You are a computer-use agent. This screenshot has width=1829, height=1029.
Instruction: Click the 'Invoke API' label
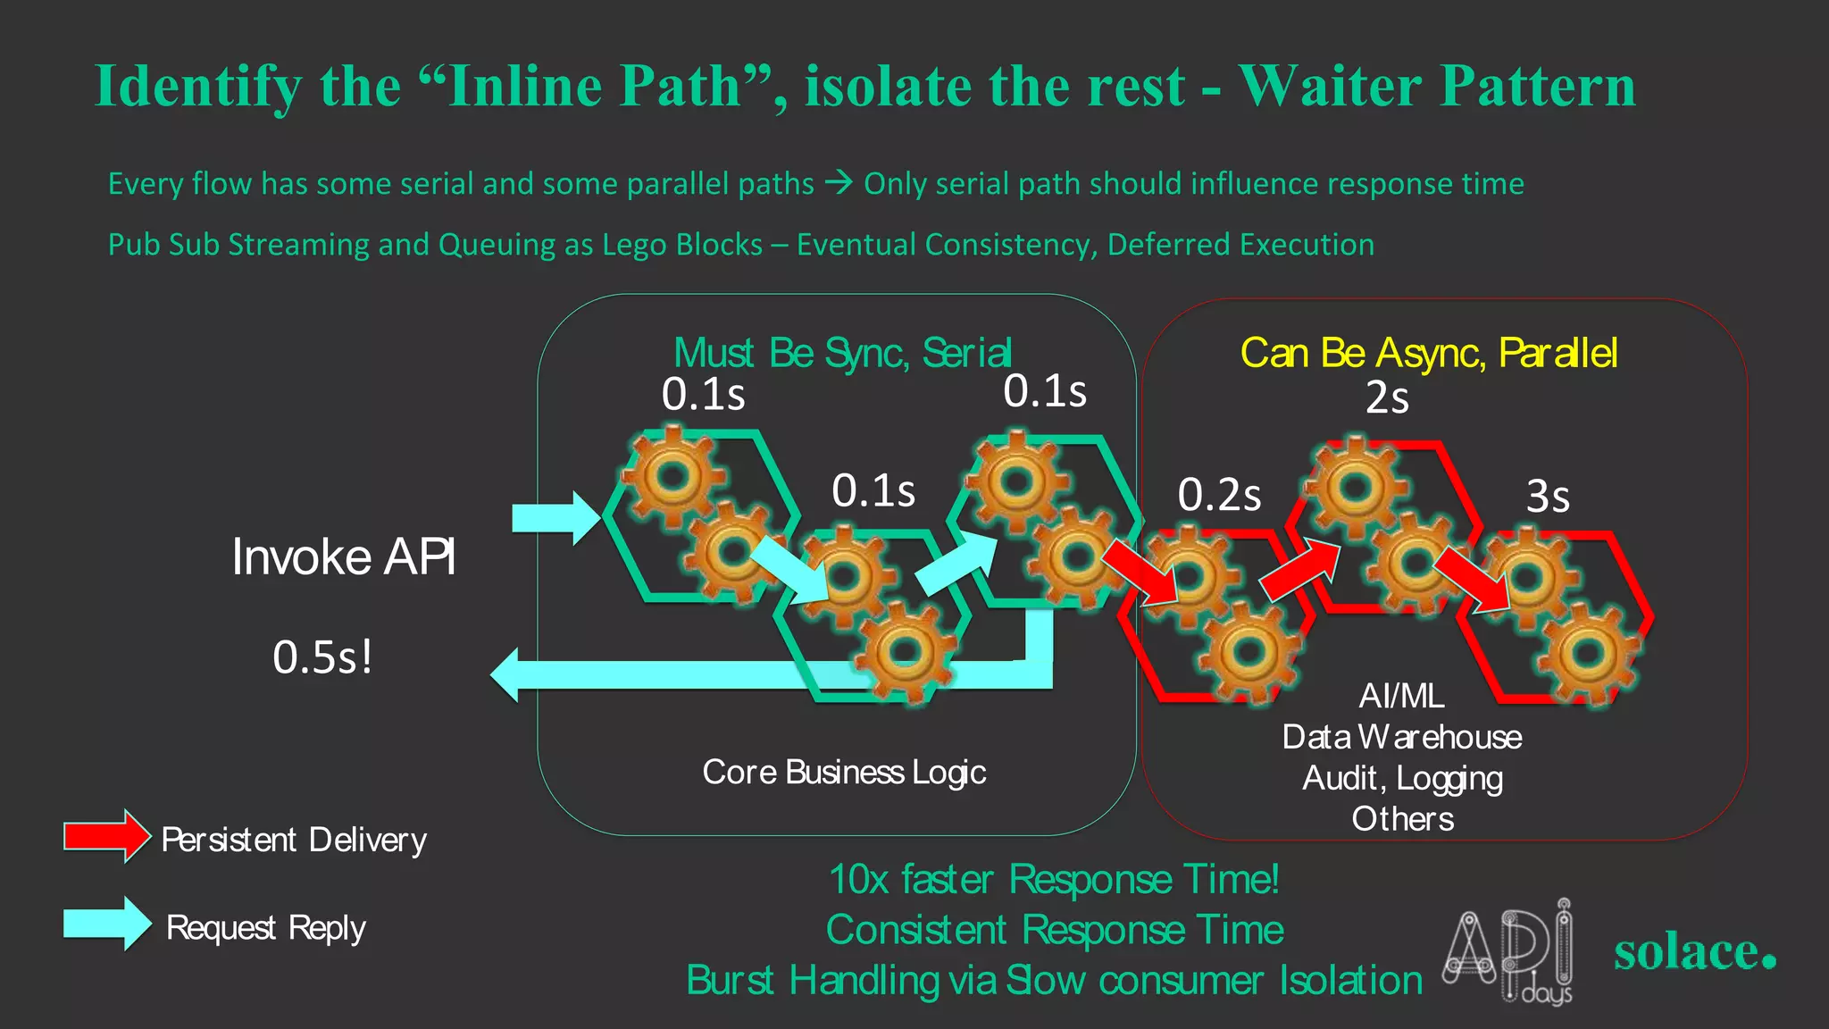tap(344, 557)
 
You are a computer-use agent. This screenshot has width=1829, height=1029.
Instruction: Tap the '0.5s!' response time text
tap(322, 657)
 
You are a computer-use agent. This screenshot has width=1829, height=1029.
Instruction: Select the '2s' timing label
tap(1386, 398)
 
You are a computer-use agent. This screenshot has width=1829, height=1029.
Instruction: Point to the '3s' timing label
tap(1547, 497)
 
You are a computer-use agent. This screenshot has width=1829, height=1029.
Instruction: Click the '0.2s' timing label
tap(1219, 495)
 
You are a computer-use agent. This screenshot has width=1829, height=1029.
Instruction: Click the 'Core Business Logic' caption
tap(844, 772)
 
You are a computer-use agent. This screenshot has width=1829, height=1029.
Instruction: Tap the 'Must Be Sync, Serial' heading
tap(842, 353)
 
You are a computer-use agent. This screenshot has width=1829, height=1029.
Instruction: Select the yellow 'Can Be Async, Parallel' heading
tap(1428, 353)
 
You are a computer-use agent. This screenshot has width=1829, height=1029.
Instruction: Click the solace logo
tap(1694, 952)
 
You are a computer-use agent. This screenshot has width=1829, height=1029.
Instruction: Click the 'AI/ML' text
tap(1401, 696)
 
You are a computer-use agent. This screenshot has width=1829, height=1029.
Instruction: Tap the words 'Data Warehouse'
tap(1401, 737)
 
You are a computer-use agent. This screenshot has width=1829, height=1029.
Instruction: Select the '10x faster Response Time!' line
tap(1054, 879)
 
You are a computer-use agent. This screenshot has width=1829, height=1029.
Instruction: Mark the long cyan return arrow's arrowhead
tap(507, 675)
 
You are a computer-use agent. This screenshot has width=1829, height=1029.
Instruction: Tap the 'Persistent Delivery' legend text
tap(294, 840)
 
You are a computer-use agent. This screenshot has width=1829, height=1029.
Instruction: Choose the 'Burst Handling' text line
tap(1054, 980)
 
